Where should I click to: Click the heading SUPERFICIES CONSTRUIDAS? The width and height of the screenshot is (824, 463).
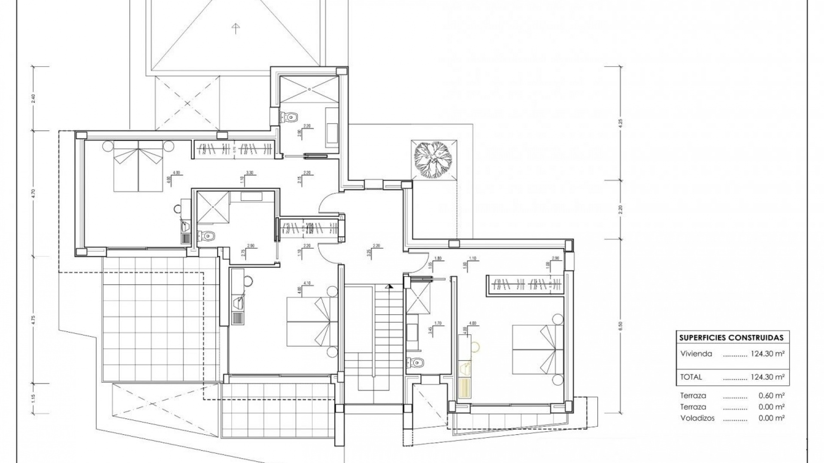731,338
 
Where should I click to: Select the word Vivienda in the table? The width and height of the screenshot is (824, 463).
696,354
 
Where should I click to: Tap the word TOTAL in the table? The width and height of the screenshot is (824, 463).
691,377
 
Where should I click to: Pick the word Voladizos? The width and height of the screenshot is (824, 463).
697,418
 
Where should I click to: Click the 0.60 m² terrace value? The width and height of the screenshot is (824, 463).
772,396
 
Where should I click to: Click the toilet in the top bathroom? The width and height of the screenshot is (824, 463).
290,116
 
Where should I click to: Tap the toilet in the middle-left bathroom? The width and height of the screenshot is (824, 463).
208,235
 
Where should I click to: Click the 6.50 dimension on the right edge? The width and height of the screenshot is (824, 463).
621,326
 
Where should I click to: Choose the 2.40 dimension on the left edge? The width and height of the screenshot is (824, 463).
33,99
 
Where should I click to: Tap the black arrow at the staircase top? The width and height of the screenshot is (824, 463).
389,286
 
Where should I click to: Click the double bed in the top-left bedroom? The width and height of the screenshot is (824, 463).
139,166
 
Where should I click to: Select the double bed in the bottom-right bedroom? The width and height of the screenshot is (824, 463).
538,350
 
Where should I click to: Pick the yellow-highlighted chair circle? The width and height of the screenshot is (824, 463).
475,346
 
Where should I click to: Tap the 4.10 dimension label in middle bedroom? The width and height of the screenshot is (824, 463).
306,283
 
